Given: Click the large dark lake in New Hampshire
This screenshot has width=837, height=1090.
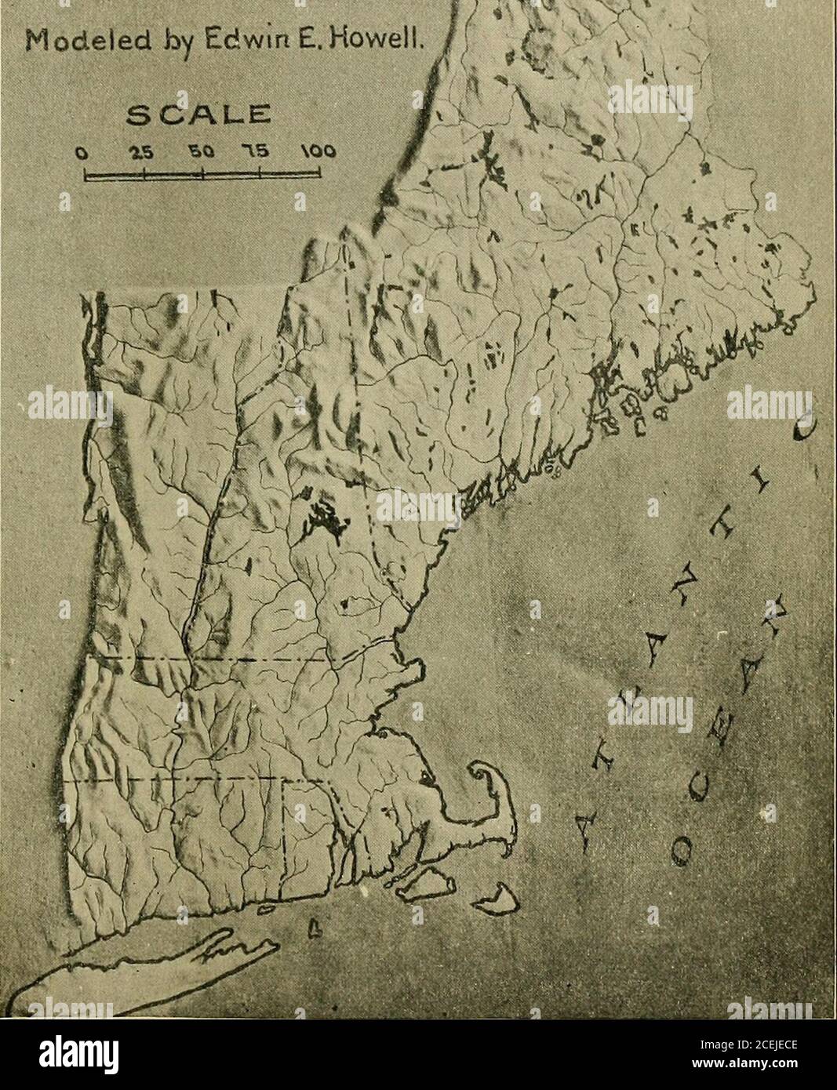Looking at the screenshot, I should pyautogui.click(x=319, y=518).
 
